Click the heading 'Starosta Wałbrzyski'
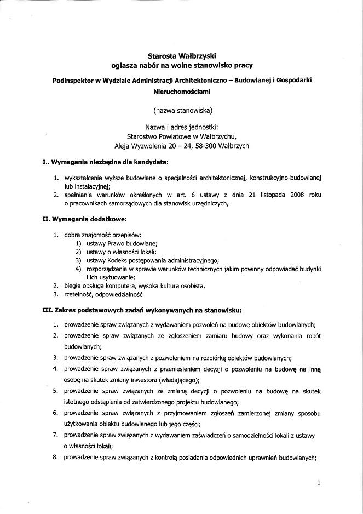click(x=181, y=55)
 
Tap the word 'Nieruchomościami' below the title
click(x=181, y=94)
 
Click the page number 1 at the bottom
click(x=318, y=483)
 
